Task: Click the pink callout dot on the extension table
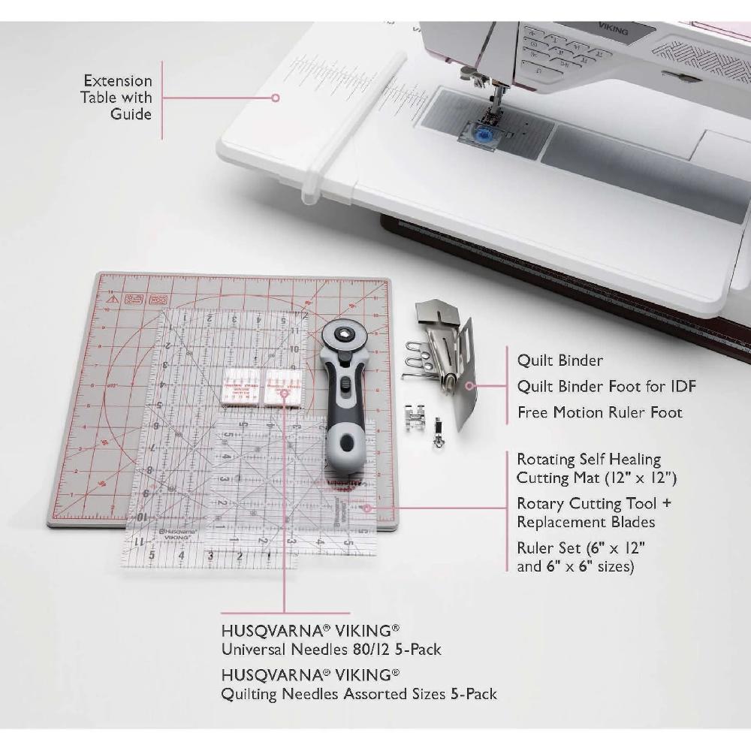pyautogui.click(x=276, y=97)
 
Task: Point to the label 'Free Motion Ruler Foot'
pyautogui.click(x=599, y=412)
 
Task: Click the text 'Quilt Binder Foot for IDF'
pyautogui.click(x=606, y=386)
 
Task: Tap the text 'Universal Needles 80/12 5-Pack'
pyautogui.click(x=330, y=648)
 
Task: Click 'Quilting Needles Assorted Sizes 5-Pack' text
pyautogui.click(x=358, y=694)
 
